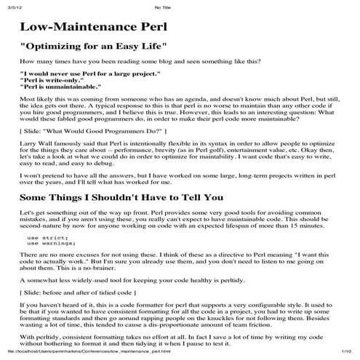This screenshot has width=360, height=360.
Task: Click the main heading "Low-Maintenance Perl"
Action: (x=94, y=28)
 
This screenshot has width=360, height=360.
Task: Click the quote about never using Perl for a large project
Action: (x=89, y=74)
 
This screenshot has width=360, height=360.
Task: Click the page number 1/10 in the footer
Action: (x=345, y=353)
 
